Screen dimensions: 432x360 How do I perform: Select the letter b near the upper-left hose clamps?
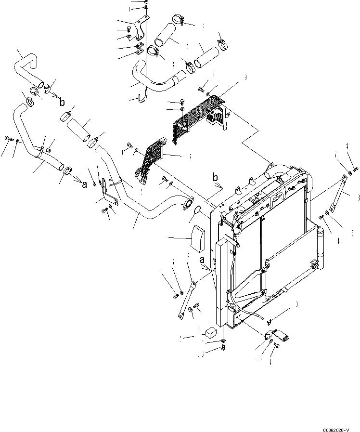pyautogui.click(x=62, y=102)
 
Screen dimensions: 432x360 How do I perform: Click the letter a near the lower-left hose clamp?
pyautogui.click(x=84, y=184)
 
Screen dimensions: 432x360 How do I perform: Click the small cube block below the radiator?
pyautogui.click(x=210, y=332)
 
